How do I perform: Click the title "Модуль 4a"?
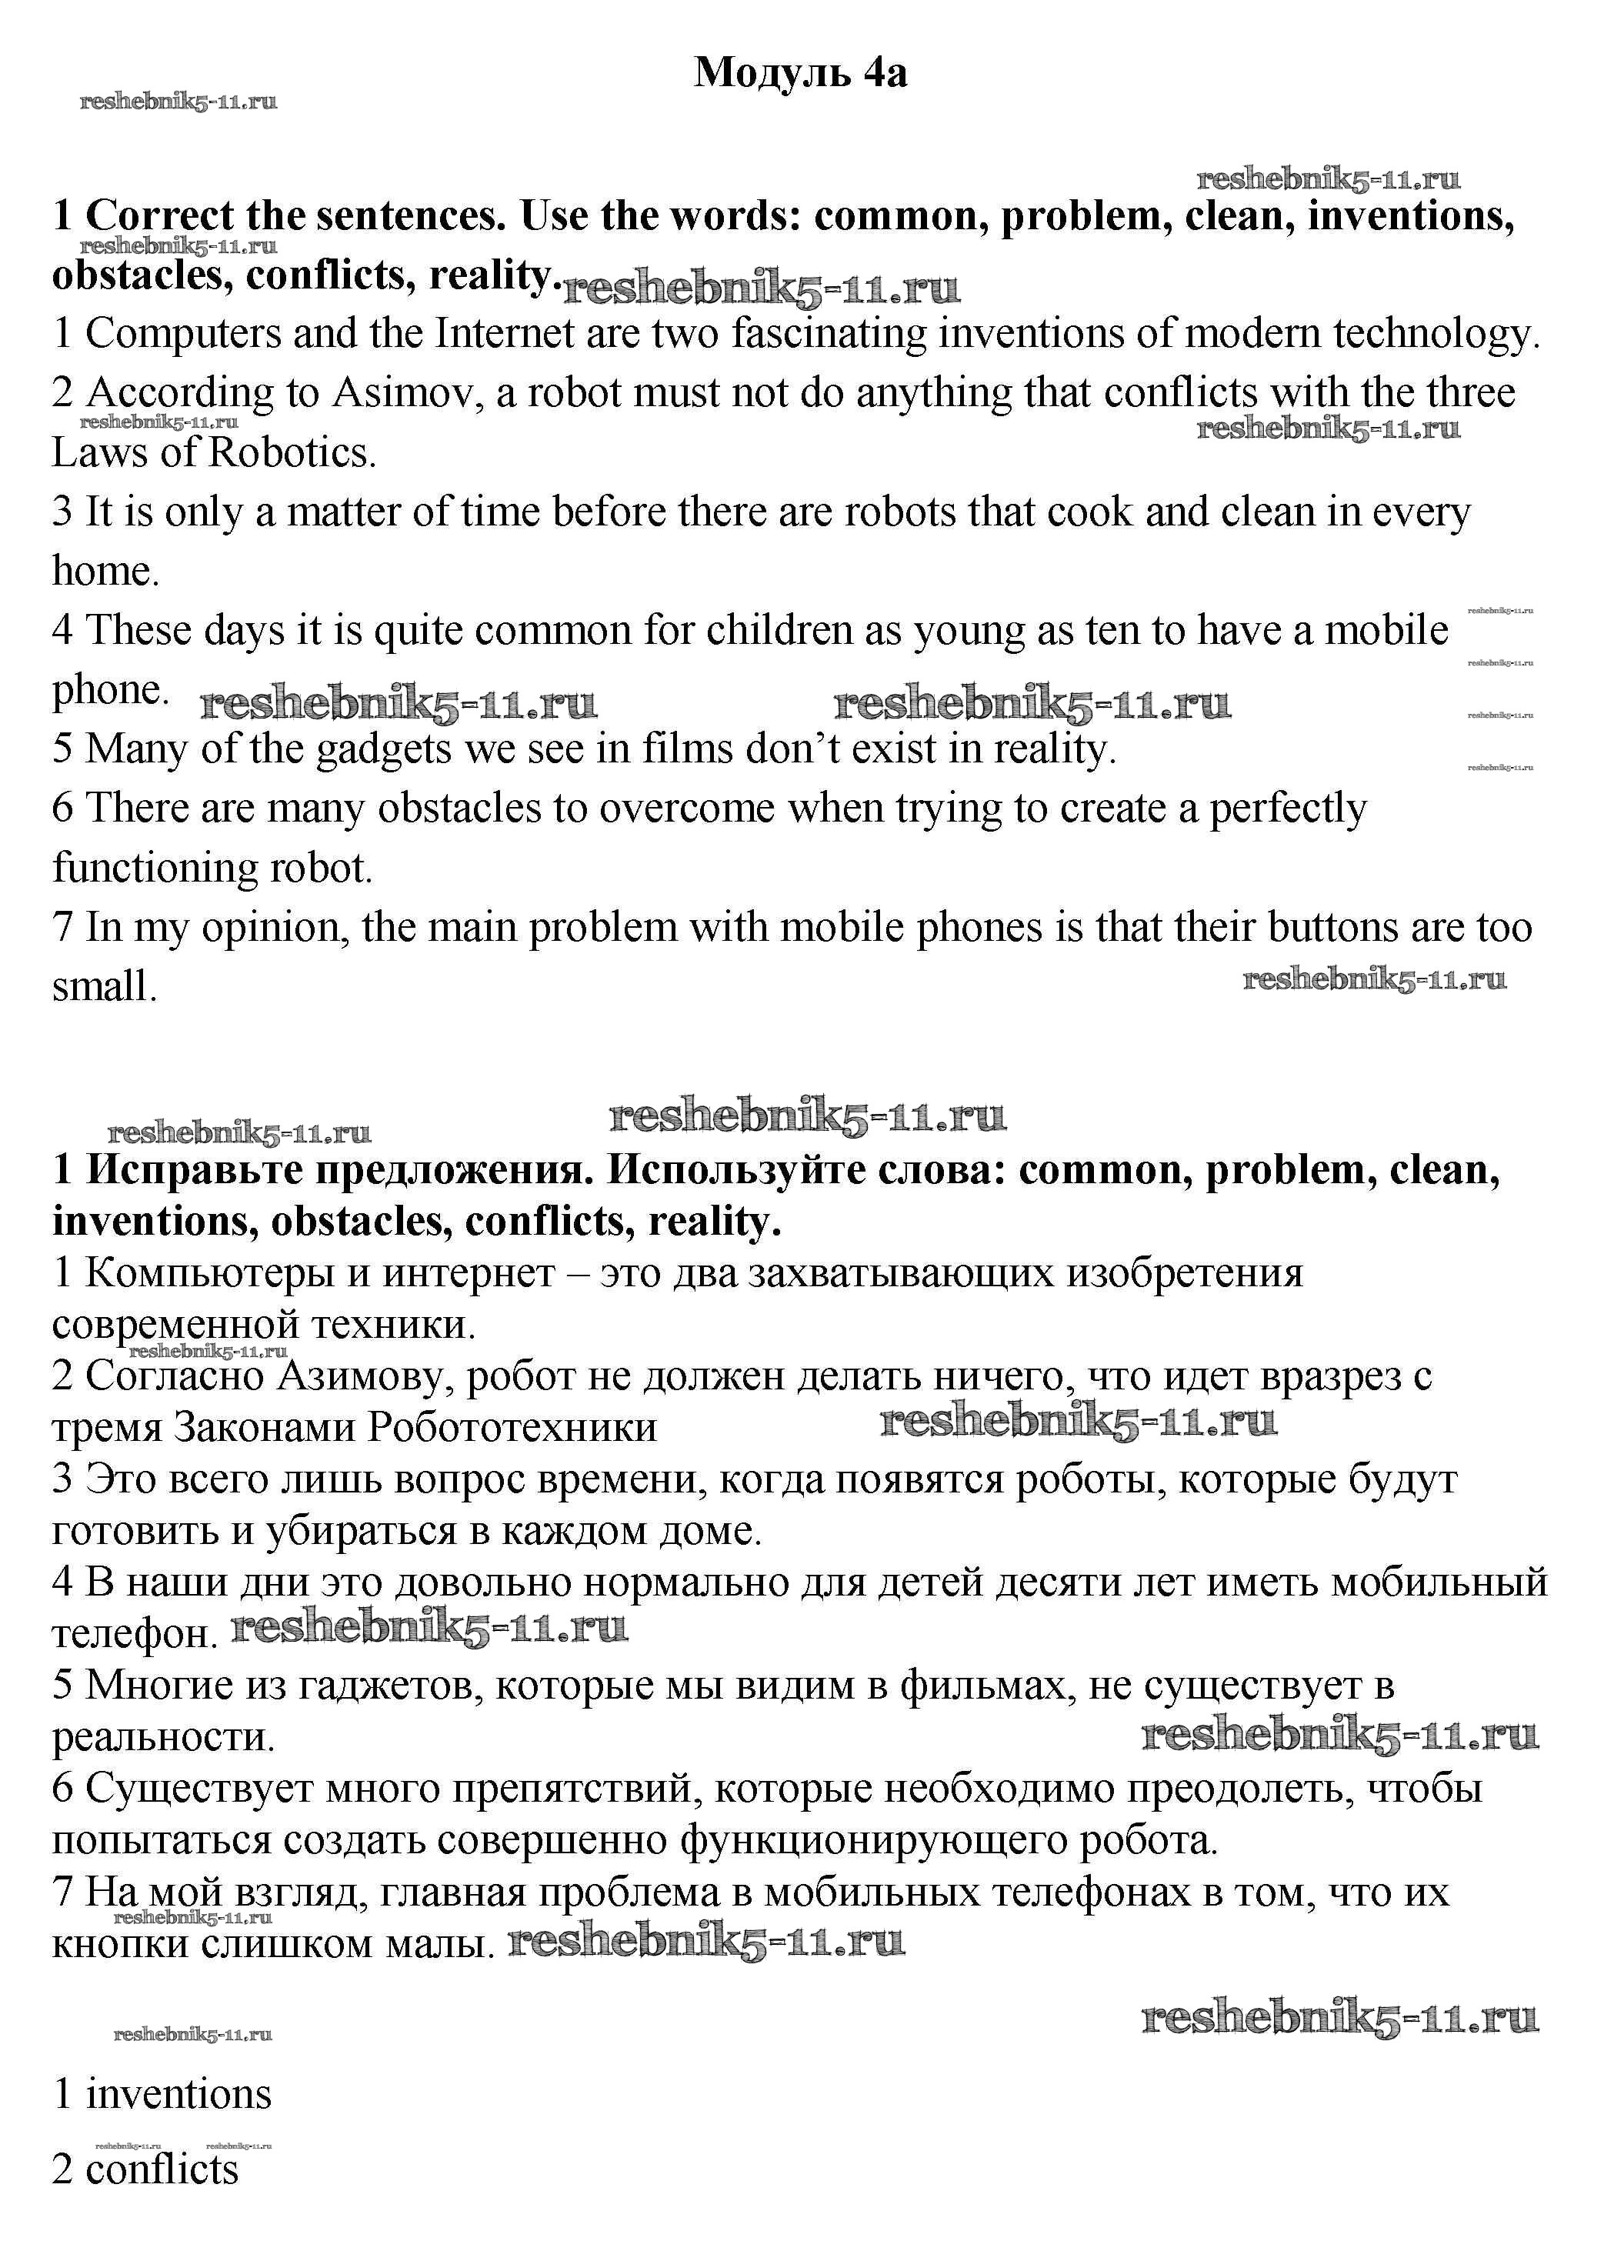tap(801, 73)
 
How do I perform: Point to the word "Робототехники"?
tap(512, 1428)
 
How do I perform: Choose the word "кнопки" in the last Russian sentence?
tap(112, 1943)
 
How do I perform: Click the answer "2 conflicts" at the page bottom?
tap(145, 2170)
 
